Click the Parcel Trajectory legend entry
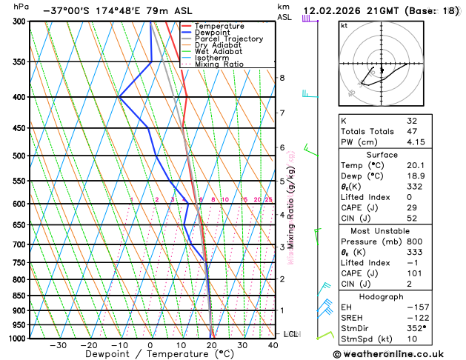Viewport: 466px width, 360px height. pyautogui.click(x=228, y=39)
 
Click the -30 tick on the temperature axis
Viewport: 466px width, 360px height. pyautogui.click(x=58, y=345)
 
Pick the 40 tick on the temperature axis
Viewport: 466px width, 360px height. pyautogui.click(x=273, y=345)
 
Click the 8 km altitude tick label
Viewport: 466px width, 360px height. pyautogui.click(x=282, y=78)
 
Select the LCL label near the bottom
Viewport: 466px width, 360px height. pyautogui.click(x=290, y=334)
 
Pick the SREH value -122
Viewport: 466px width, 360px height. pyautogui.click(x=416, y=318)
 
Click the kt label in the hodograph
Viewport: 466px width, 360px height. pyautogui.click(x=344, y=25)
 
